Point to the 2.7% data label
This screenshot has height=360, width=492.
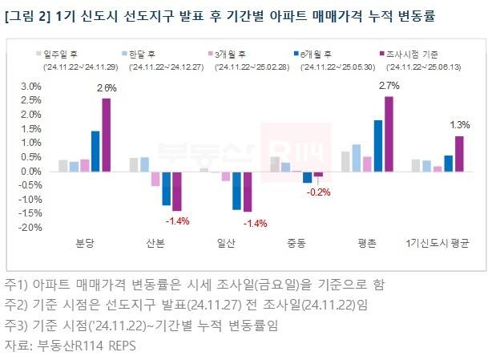click(x=388, y=85)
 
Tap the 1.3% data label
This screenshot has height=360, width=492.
click(x=461, y=124)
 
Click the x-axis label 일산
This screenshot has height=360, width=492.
click(x=226, y=241)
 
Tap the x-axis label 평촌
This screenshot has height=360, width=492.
click(x=367, y=241)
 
